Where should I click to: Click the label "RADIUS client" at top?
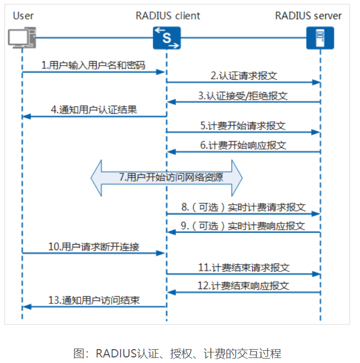[167, 16]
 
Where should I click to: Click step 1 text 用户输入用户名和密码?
[93, 65]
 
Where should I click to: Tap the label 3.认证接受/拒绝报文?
[243, 96]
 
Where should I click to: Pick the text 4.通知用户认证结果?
[94, 110]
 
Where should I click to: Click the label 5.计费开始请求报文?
[243, 126]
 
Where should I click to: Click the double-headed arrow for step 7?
[167, 177]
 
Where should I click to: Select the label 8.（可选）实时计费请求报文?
[243, 207]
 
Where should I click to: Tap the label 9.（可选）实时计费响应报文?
[243, 226]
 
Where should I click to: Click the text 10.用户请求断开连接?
[93, 246]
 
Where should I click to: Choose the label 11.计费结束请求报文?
[243, 267]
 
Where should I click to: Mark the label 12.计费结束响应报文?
[243, 286]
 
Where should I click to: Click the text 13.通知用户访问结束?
[94, 300]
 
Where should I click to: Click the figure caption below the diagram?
[177, 353]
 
